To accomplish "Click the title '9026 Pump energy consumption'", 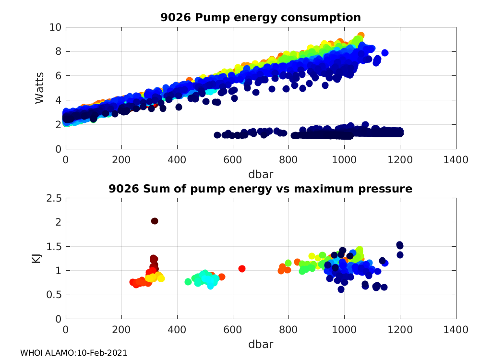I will tap(261, 18).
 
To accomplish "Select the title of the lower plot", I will tap(261, 189).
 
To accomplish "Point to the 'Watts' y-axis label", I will tap(40, 88).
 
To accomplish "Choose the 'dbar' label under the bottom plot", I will tap(261, 344).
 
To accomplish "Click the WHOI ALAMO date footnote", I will tap(73, 353).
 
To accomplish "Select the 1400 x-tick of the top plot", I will tap(456, 159).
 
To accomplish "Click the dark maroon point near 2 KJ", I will tap(155, 221).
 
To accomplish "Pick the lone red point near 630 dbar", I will tap(242, 268).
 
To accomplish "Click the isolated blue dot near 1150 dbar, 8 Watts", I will tap(384, 53).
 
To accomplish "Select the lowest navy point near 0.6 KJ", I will tap(341, 289).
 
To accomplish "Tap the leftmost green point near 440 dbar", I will tap(188, 282).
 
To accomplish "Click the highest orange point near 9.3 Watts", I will tap(360, 36).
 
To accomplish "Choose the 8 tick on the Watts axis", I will tap(57, 51).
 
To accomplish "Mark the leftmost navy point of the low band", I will tap(217, 135).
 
